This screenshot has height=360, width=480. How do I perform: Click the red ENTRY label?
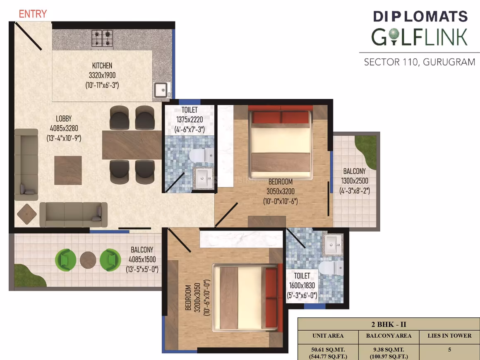click(x=33, y=14)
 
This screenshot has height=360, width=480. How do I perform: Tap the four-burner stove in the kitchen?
click(x=102, y=39)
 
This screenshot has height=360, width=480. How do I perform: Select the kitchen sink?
click(x=161, y=90)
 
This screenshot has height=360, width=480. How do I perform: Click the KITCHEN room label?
click(x=102, y=65)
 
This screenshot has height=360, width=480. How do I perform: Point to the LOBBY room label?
click(x=64, y=118)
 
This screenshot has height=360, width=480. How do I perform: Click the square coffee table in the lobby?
click(x=68, y=170)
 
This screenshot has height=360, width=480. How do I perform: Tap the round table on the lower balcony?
click(x=88, y=260)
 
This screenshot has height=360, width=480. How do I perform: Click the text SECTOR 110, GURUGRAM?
click(x=420, y=62)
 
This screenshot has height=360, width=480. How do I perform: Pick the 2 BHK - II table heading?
click(x=389, y=324)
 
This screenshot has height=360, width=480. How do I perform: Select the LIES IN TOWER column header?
click(x=449, y=336)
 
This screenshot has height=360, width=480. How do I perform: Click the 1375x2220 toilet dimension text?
click(x=190, y=120)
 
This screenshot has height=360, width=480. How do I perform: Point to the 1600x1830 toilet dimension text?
click(x=302, y=285)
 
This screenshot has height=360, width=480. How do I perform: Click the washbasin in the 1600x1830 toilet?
click(x=333, y=244)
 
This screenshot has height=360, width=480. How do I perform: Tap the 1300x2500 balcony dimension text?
click(x=355, y=181)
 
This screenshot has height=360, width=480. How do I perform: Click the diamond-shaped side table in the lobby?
click(x=27, y=214)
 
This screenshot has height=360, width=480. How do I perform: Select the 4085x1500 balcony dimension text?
click(x=142, y=259)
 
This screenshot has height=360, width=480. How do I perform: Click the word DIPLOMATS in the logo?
click(x=420, y=17)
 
